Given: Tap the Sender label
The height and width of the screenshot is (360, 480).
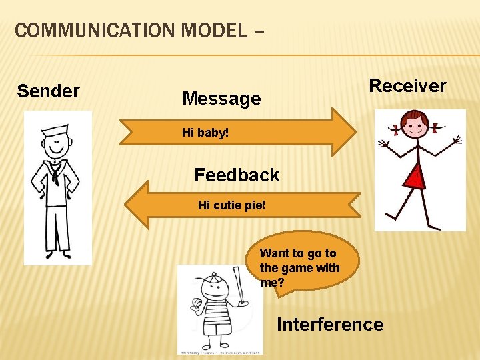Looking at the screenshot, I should pyautogui.click(x=48, y=91).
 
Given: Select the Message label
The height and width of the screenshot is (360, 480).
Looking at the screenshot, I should pyautogui.click(x=221, y=99).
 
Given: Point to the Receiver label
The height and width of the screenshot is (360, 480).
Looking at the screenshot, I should pyautogui.click(x=407, y=85).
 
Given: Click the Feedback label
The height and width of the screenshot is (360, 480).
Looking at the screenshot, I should pyautogui.click(x=237, y=175).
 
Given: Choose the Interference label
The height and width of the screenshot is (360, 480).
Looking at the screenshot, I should pyautogui.click(x=330, y=325).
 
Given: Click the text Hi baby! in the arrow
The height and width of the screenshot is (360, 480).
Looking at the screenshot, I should pyautogui.click(x=205, y=133).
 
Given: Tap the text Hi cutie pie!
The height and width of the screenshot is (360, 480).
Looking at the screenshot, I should pyautogui.click(x=231, y=205).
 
